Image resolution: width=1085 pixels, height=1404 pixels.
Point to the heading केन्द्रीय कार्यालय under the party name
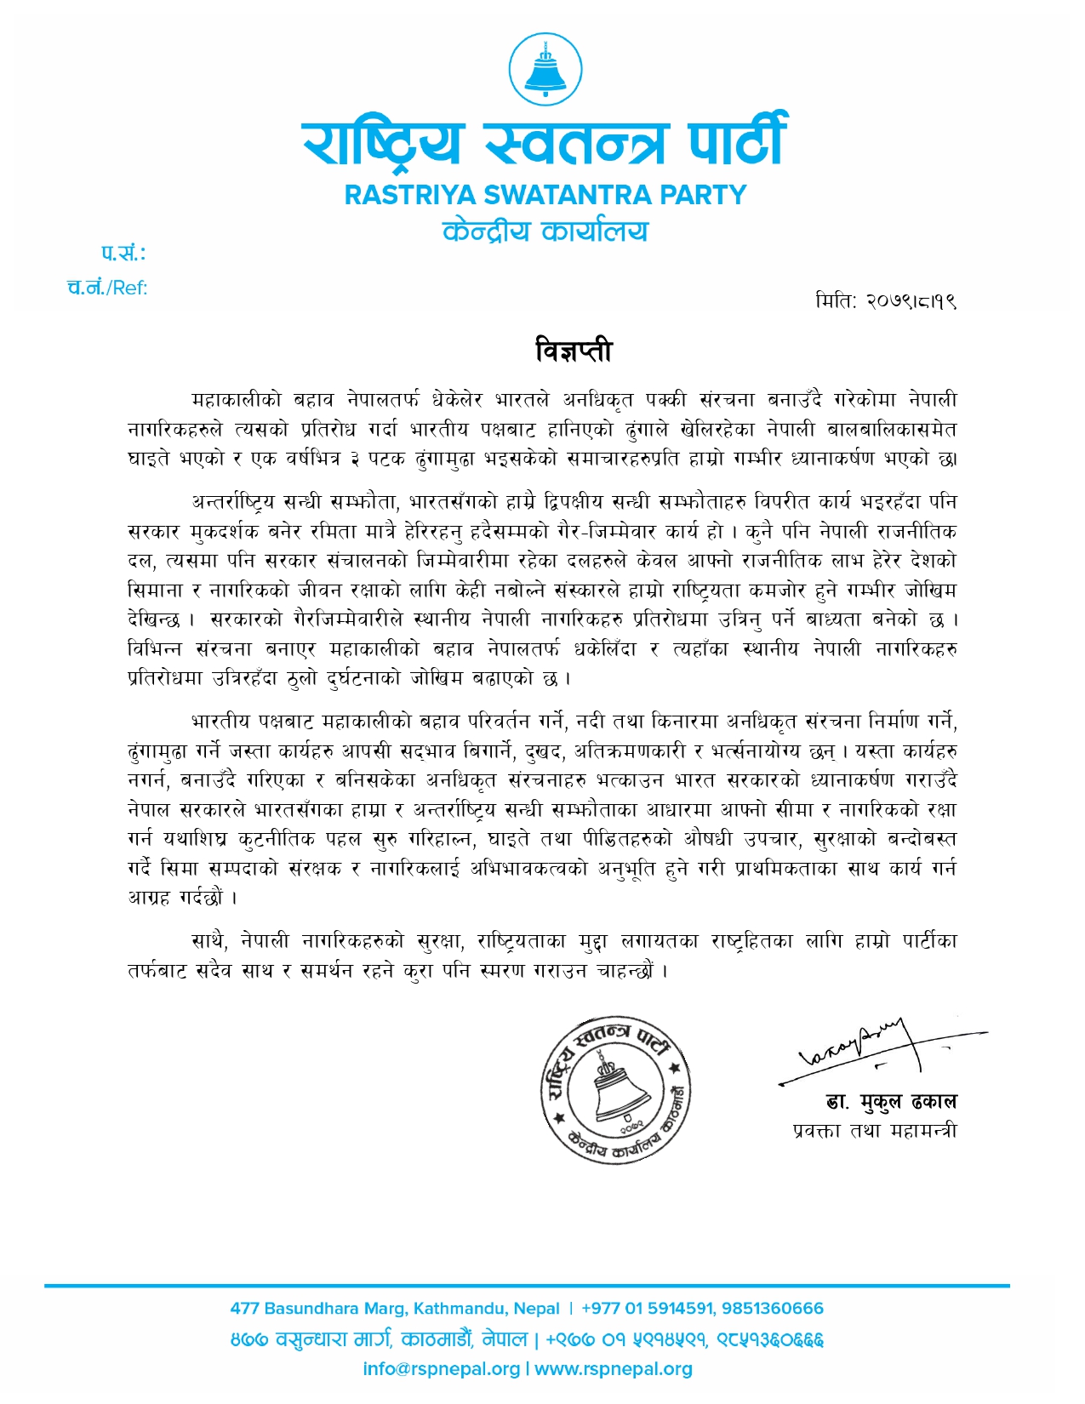[x=545, y=231]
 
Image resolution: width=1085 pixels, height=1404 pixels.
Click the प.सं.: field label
[x=123, y=253]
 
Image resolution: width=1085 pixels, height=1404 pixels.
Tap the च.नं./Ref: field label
[x=107, y=288]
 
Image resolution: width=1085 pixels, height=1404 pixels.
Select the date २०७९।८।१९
[x=910, y=301]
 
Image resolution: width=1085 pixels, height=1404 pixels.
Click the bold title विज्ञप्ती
[x=574, y=351]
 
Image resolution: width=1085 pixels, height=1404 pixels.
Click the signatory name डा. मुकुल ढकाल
[x=891, y=1102]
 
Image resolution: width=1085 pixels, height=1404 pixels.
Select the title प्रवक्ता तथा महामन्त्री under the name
[x=874, y=1131]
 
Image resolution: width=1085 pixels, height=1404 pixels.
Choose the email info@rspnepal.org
[x=441, y=1369]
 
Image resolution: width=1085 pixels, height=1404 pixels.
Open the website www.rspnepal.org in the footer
[x=613, y=1369]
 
